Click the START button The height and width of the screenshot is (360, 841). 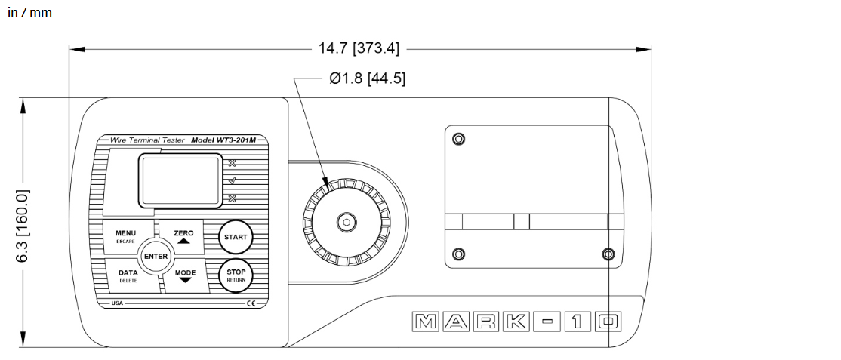coord(236,236)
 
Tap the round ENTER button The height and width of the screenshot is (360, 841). coord(156,256)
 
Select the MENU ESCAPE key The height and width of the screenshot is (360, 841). coord(127,236)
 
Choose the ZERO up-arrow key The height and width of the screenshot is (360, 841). coord(183,236)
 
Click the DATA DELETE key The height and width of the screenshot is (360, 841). coord(130,275)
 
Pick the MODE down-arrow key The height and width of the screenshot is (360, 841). coord(186,275)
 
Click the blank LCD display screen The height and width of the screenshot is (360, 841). coord(180,180)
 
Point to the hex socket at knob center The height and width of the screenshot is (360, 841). coord(347,222)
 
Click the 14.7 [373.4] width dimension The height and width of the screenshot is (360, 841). coord(359,48)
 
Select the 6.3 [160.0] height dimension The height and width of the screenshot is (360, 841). coord(23,226)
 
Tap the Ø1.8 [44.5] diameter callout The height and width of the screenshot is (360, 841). coord(368,78)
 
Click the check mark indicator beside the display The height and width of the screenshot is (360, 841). coord(232,181)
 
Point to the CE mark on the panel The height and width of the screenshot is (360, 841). coord(251,303)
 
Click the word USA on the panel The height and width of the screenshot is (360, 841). coord(117,303)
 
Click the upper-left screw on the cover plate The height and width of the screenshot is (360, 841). coord(457,139)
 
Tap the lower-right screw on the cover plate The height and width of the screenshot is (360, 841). coord(608,253)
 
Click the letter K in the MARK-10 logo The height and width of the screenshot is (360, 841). coord(516,322)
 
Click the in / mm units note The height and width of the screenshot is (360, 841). coord(30,12)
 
